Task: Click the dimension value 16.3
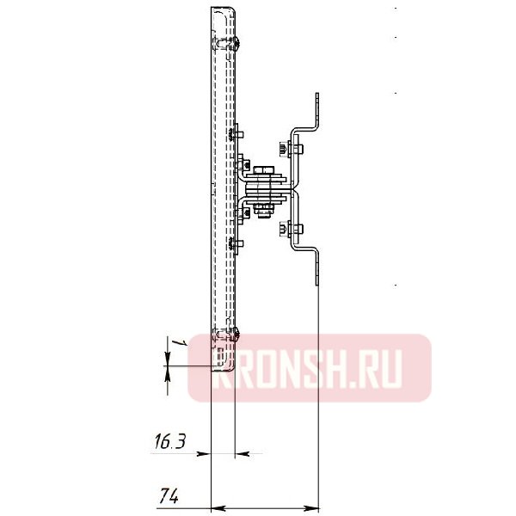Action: click(169, 443)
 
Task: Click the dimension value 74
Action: click(169, 495)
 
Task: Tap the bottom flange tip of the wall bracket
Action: click(317, 280)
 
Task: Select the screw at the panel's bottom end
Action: click(236, 337)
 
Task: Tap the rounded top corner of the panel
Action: click(225, 10)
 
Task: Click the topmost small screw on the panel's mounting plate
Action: click(237, 133)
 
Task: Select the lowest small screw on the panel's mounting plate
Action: click(237, 244)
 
